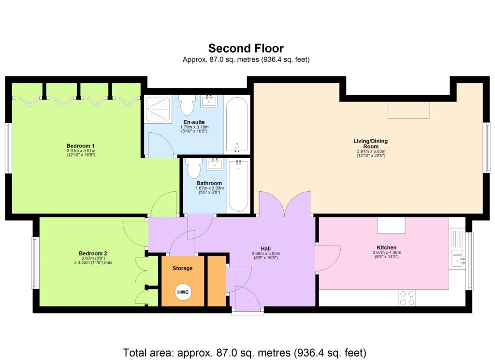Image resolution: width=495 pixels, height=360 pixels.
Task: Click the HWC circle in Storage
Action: tap(184, 293)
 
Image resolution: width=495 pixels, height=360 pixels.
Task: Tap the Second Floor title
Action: tap(246, 48)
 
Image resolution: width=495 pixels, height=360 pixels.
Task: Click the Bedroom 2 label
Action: tap(93, 253)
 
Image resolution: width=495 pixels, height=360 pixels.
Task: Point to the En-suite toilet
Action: tap(187, 103)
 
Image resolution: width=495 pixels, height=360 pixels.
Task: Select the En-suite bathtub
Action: tap(237, 125)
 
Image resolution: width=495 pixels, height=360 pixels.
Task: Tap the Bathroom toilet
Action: tap(194, 169)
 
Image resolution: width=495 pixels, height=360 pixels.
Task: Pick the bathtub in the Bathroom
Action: tap(238, 186)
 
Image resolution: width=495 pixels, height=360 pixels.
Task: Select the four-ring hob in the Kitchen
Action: tap(408, 297)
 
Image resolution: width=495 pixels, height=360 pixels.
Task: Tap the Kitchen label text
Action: tap(384, 247)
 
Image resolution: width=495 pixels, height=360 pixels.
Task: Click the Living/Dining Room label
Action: tap(370, 144)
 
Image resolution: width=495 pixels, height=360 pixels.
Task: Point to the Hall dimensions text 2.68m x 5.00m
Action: tap(266, 254)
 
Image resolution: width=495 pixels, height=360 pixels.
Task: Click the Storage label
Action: tap(183, 268)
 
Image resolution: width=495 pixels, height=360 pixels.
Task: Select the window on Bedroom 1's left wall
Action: tap(7, 148)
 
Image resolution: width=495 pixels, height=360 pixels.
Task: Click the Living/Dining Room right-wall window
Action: tap(487, 147)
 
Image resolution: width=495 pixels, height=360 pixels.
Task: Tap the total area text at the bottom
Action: tap(245, 352)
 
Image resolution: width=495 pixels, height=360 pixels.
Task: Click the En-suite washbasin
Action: tap(210, 101)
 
